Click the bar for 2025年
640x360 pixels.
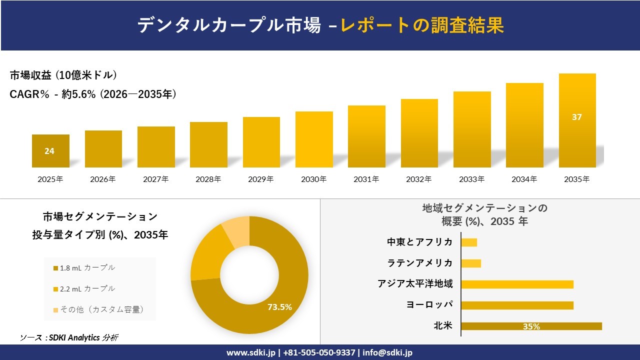(x=50, y=151)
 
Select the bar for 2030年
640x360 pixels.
(x=314, y=139)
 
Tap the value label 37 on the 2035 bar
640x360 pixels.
(x=577, y=117)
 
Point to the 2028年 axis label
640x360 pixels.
(x=208, y=179)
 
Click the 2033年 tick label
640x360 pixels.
(x=471, y=179)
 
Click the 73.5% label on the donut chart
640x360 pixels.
(x=279, y=307)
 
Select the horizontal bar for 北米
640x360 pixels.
(x=531, y=326)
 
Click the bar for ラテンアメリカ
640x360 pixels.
(x=471, y=263)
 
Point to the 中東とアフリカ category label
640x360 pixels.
(x=419, y=242)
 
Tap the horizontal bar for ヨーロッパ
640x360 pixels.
(x=517, y=305)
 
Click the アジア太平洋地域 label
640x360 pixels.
(x=415, y=284)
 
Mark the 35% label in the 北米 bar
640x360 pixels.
(x=531, y=326)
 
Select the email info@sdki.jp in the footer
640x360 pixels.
(x=387, y=352)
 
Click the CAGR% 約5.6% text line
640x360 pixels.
(x=93, y=94)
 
